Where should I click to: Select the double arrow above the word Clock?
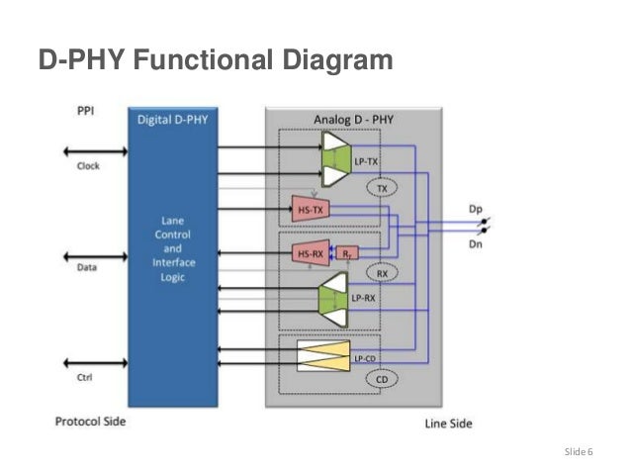(95, 152)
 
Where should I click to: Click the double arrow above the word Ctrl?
(95, 362)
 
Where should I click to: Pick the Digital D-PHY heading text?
(179, 120)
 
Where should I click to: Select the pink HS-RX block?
(311, 254)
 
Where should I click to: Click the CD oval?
(381, 378)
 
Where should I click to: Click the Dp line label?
(476, 209)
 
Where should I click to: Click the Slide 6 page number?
(578, 452)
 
